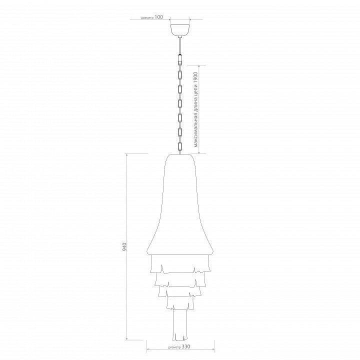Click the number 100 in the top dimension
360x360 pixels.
click(x=158, y=17)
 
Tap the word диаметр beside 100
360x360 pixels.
click(x=147, y=18)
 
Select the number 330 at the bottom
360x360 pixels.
click(x=186, y=346)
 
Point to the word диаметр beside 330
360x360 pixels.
click(x=174, y=347)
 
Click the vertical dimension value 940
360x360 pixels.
click(x=124, y=246)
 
